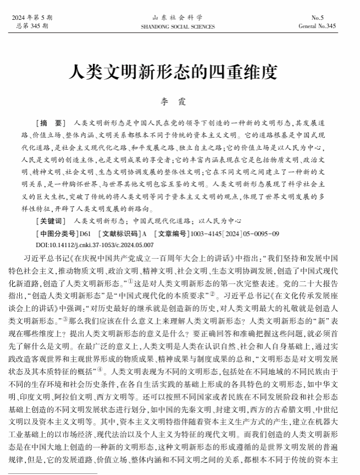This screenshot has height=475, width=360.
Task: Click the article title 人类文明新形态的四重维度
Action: click(179, 72)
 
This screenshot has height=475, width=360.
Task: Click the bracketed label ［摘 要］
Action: click(50, 122)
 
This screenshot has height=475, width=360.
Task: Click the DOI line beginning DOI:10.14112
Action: click(95, 244)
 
